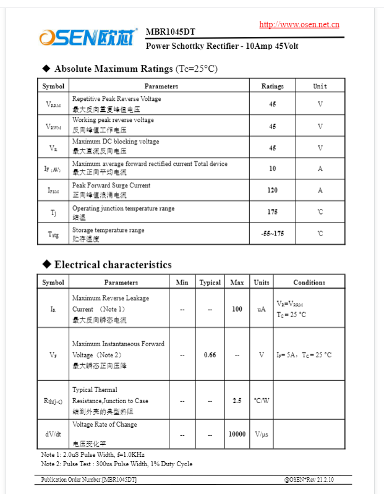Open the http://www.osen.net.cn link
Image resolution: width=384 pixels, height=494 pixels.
point(299,25)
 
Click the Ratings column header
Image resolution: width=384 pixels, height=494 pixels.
point(272,87)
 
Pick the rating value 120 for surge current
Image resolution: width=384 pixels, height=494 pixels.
point(272,190)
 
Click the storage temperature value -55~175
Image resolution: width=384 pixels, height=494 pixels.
point(272,234)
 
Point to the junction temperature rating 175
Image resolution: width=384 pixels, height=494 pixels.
point(272,212)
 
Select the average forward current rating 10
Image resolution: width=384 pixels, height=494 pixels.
point(272,168)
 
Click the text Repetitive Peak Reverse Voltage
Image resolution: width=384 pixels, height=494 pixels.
point(116,99)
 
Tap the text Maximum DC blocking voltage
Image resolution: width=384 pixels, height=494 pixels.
point(115,142)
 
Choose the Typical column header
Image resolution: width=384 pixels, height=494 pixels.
point(210,283)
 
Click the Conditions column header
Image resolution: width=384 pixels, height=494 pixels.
point(309,283)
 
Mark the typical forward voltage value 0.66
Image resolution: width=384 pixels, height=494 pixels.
point(210,355)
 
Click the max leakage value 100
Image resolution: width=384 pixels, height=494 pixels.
point(237,309)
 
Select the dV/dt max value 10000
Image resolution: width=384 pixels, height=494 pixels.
point(237,435)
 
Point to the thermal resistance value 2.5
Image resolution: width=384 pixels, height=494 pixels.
point(237,401)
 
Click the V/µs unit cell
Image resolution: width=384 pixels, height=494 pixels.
point(262,435)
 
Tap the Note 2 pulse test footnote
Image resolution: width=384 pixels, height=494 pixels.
point(117,464)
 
